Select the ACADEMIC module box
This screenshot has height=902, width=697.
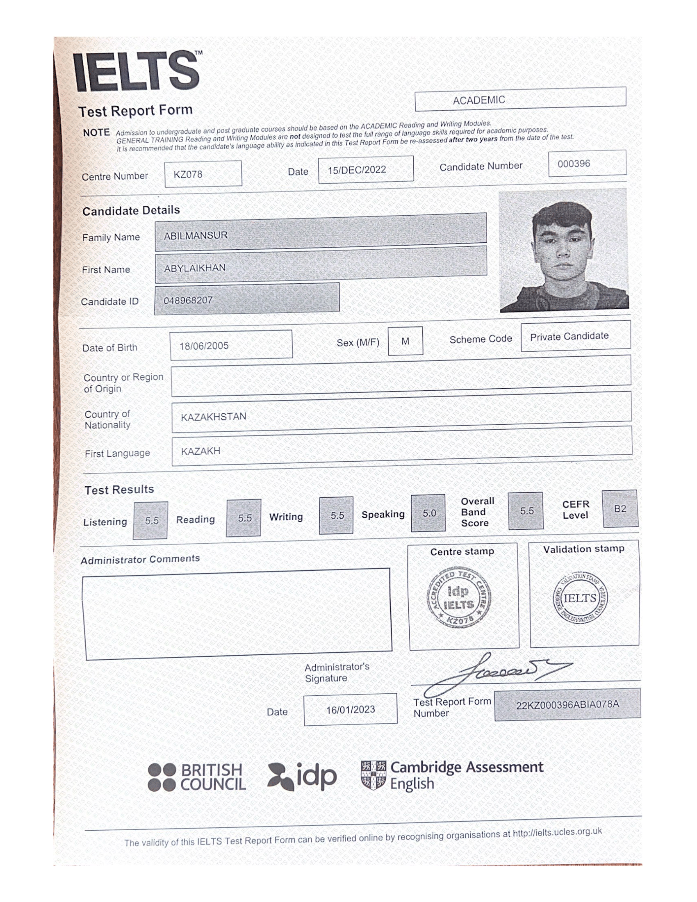pos(478,100)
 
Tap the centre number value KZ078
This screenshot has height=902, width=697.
pos(188,174)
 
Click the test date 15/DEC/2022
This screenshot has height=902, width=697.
pos(357,170)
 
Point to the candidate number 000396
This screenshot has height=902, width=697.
pos(574,164)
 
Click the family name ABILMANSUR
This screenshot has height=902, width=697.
pos(196,235)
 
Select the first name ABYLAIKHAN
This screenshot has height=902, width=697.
pos(195,268)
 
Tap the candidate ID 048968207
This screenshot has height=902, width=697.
pos(188,300)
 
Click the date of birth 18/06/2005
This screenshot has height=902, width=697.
pos(204,346)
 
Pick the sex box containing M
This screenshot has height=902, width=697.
pos(405,341)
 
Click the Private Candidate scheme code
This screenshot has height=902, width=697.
pos(569,336)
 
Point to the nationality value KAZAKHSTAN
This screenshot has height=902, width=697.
pos(214,417)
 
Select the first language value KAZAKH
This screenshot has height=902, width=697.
pos(200,451)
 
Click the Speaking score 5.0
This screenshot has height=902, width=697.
pos(428,513)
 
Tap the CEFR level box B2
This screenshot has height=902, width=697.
pos(620,509)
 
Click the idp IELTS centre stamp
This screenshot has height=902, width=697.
pos(459,597)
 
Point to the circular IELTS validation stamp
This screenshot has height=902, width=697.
pos(580,599)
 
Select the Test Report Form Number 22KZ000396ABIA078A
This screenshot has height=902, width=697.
pos(567,704)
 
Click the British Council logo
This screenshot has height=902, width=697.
pos(197,777)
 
